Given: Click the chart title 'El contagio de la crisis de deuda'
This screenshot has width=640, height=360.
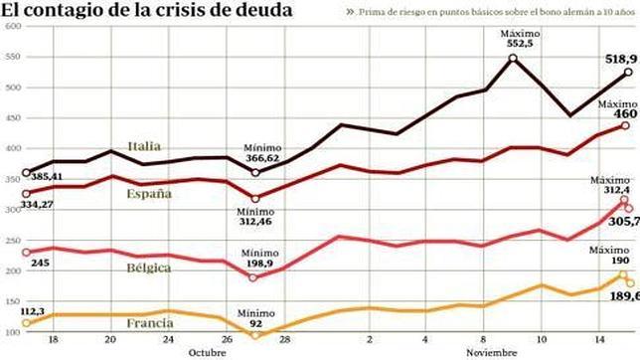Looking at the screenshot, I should pyautogui.click(x=147, y=11).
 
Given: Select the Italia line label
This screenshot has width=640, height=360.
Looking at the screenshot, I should pyautogui.click(x=147, y=147).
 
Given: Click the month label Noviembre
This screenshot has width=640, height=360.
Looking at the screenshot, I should pyautogui.click(x=488, y=353).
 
